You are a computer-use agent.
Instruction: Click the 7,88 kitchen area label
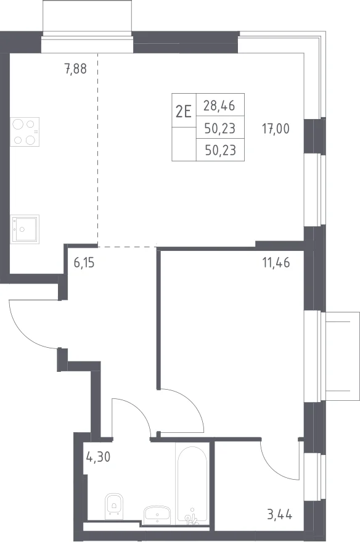[75, 69]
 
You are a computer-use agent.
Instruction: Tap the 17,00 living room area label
[276, 129]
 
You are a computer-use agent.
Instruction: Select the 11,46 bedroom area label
[276, 263]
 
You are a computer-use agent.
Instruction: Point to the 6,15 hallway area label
[84, 263]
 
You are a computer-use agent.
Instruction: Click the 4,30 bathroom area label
[98, 457]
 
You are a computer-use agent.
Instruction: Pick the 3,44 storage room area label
[279, 515]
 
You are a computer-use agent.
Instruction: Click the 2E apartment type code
[184, 112]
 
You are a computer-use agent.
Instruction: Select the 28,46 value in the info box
[219, 105]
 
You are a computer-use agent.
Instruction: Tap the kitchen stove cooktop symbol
[25, 132]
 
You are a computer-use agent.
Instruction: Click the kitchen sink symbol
[25, 229]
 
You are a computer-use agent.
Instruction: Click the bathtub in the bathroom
[192, 484]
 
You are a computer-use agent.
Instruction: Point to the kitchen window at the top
[87, 42]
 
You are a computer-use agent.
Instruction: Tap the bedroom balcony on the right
[340, 356]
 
